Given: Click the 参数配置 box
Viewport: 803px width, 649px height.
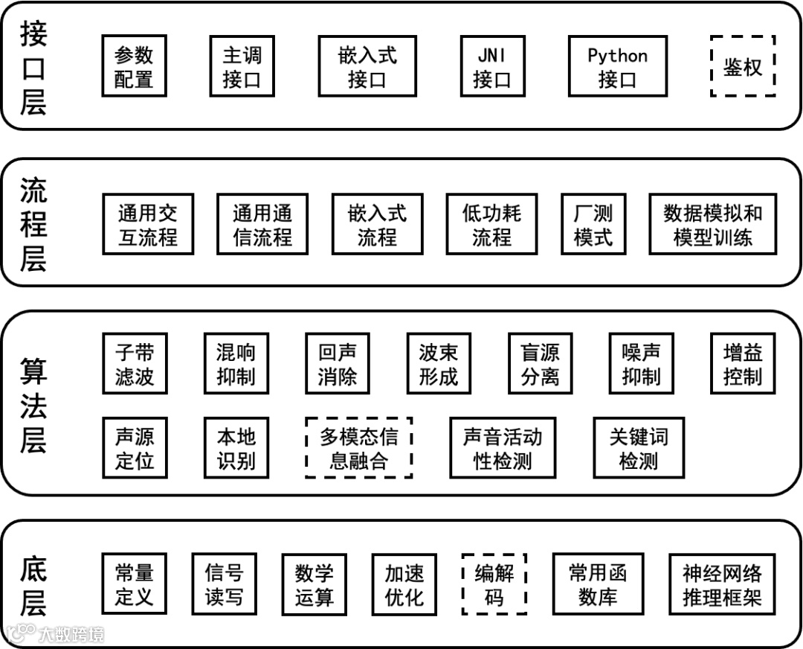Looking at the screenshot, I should tap(134, 66).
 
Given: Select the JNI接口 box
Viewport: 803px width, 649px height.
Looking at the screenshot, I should tap(491, 66).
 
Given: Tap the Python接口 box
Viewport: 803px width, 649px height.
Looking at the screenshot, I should tap(617, 66).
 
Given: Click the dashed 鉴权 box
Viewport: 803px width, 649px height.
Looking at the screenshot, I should tap(743, 66).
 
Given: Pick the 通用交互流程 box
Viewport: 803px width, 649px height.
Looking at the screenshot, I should tap(147, 224).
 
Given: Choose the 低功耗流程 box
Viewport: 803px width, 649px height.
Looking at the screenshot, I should tap(491, 224).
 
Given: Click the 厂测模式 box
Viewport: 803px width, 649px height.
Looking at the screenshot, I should tap(593, 224).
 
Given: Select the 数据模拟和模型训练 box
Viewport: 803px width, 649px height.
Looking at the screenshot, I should tap(712, 224).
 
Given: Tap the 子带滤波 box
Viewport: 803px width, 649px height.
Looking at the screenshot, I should tap(134, 363).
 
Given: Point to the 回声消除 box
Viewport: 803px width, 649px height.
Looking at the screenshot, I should tap(338, 363).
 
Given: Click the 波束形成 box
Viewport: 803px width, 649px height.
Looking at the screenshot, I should tap(439, 363).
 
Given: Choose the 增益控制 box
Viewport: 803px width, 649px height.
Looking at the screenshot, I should tap(743, 363).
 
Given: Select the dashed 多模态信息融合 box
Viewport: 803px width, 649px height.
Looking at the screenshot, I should tap(359, 447).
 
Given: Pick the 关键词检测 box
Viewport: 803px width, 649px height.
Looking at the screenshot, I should tap(638, 447).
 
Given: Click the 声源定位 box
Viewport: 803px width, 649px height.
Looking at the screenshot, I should tap(134, 447).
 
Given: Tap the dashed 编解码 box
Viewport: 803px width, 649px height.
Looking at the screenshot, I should tap(494, 584).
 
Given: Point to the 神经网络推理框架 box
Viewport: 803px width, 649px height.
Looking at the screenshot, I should tap(722, 584).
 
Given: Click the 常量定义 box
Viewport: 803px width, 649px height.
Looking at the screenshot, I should tap(134, 584).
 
